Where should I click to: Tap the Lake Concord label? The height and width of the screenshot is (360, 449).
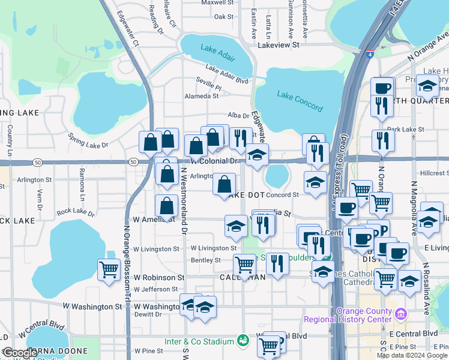[300, 101]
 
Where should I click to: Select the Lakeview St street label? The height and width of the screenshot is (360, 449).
[278, 45]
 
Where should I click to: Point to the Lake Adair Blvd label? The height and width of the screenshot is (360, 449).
[226, 74]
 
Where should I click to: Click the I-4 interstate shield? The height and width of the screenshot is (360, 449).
[370, 53]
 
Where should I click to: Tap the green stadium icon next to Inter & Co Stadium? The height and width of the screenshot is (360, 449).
[243, 341]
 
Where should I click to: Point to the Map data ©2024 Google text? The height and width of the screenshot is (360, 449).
[411, 355]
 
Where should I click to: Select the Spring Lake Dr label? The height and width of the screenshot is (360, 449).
[88, 141]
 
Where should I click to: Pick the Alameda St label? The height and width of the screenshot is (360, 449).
[202, 96]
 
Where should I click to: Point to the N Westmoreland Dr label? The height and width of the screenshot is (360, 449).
[185, 201]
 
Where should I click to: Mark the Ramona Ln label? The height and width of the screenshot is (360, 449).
[82, 183]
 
